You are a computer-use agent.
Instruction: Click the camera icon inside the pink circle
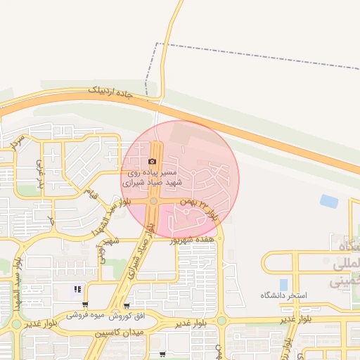pyautogui.click(x=153, y=161)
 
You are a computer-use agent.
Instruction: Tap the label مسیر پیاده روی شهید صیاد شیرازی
pyautogui.click(x=153, y=176)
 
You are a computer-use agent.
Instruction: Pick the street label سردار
pyautogui.click(x=18, y=141)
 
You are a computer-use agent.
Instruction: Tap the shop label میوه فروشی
pyautogui.click(x=86, y=316)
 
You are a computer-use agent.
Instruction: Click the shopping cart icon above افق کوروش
pyautogui.click(x=126, y=305)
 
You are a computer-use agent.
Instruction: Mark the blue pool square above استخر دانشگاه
pyautogui.click(x=283, y=284)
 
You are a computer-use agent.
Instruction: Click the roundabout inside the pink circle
pyautogui.click(x=153, y=202)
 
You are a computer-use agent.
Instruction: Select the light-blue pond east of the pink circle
pyautogui.click(x=328, y=201)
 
